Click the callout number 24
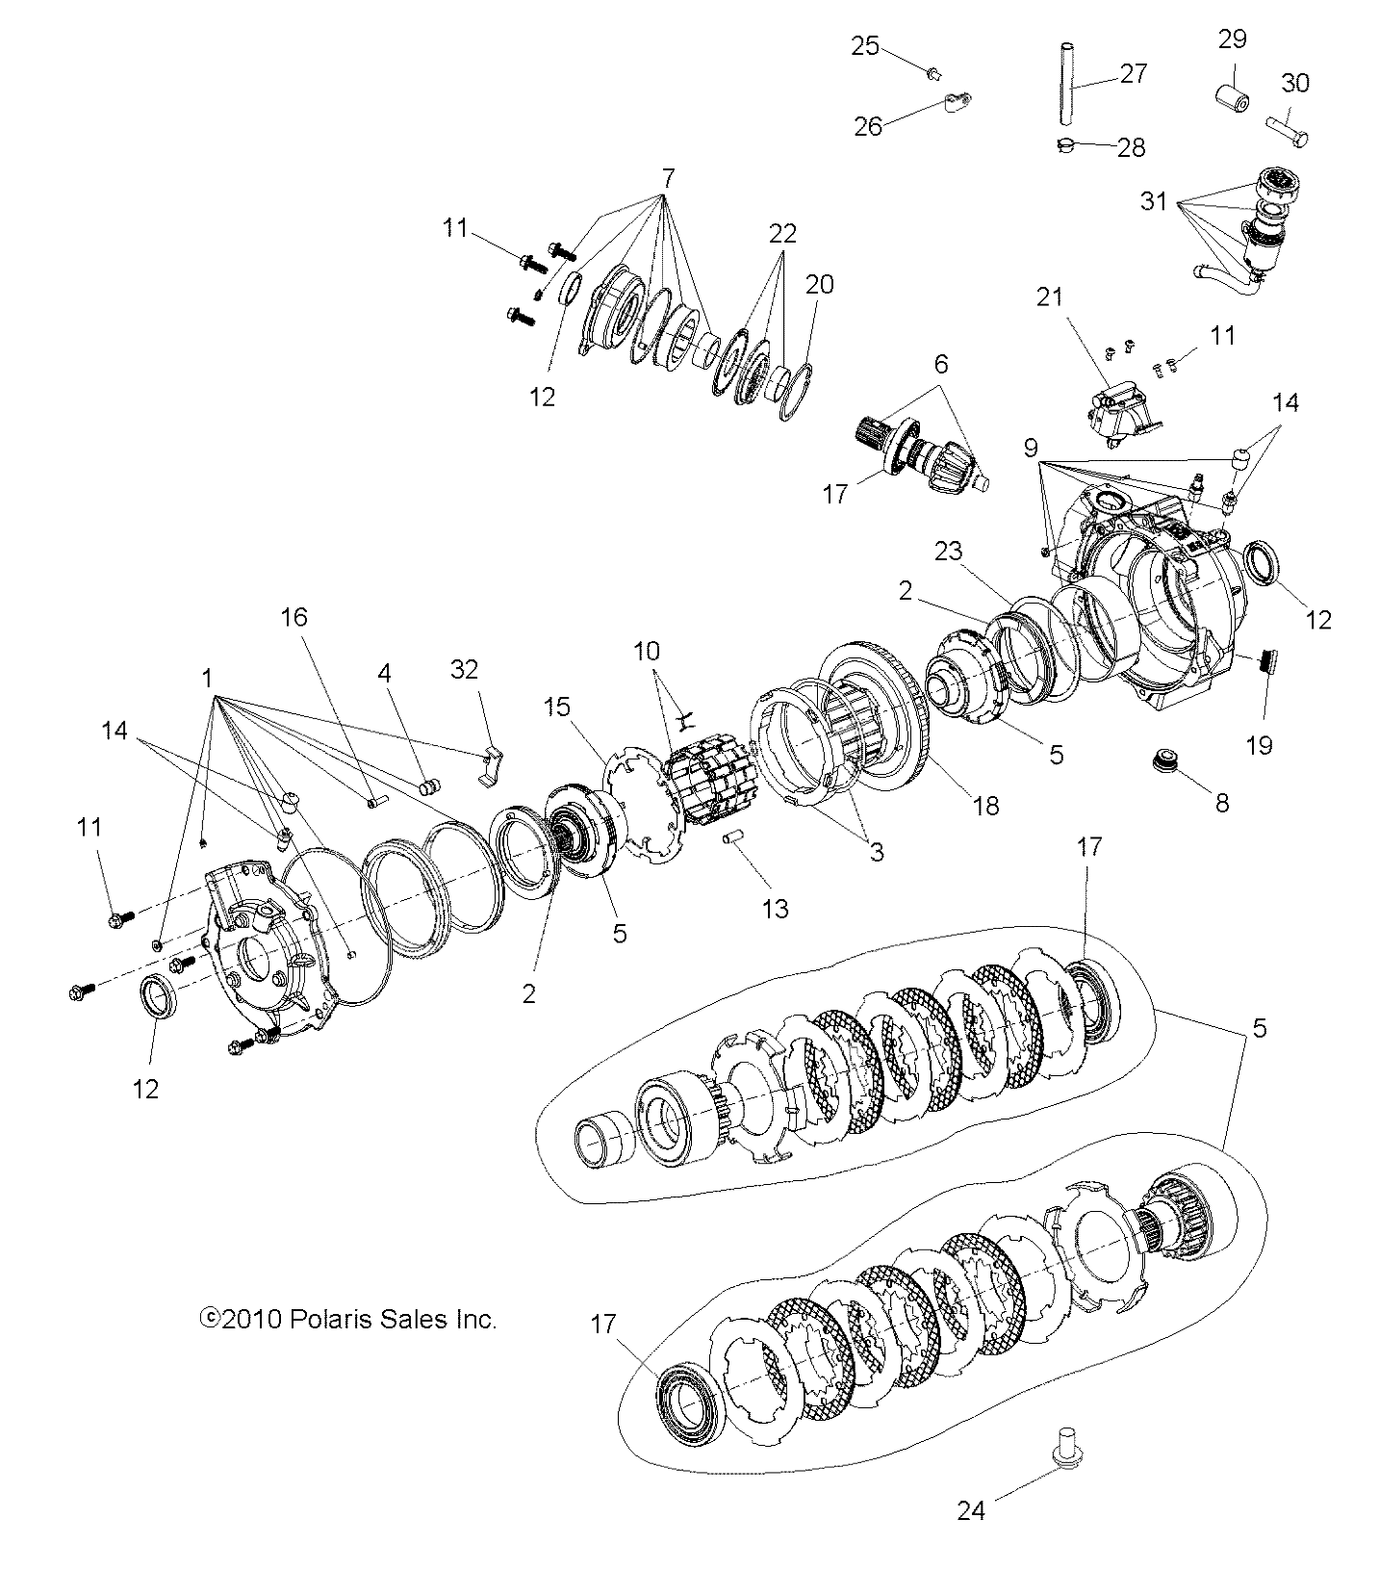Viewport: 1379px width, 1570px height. [x=972, y=1510]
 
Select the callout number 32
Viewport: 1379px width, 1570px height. [x=465, y=669]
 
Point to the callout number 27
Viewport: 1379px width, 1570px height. [x=1135, y=73]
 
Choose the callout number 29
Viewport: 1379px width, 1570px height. [x=1233, y=39]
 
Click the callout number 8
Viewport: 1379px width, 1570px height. [x=1222, y=802]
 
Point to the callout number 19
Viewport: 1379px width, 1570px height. [x=1259, y=743]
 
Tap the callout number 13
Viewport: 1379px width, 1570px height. [x=775, y=908]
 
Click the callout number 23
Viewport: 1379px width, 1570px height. [x=948, y=552]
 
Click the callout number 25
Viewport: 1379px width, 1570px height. [x=865, y=45]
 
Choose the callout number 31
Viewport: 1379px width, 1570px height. [x=1154, y=202]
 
